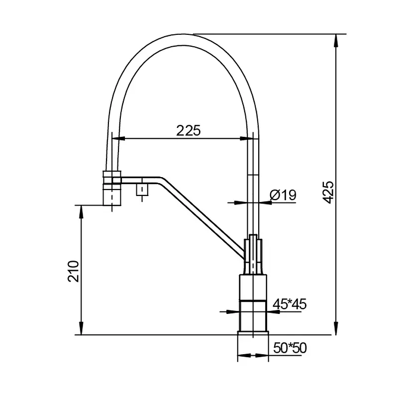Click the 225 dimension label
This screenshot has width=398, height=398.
pyautogui.click(x=189, y=130)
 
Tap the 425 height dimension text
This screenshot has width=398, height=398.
pyautogui.click(x=329, y=192)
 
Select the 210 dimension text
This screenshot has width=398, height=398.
pyautogui.click(x=73, y=271)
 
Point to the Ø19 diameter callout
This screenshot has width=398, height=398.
pyautogui.click(x=283, y=195)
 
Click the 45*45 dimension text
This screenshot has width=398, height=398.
pyautogui.click(x=290, y=304)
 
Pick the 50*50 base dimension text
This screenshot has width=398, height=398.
pyautogui.click(x=290, y=348)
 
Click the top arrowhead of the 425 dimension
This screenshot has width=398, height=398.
pyautogui.click(x=336, y=40)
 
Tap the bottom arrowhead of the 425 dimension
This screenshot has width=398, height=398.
pyautogui.click(x=336, y=328)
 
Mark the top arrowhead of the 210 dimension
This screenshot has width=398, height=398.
pyautogui.click(x=81, y=212)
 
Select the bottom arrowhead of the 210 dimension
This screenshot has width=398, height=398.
pyautogui.click(x=81, y=328)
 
